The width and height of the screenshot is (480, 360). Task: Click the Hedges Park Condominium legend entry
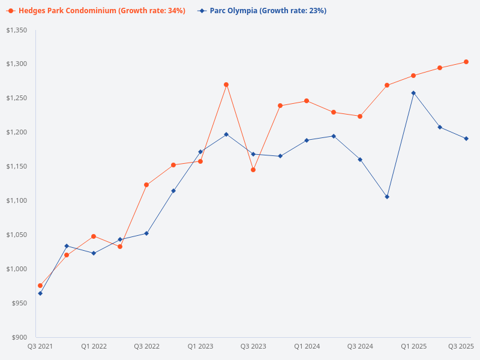tap(96, 11)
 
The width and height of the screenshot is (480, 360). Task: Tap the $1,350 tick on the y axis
tap(17, 30)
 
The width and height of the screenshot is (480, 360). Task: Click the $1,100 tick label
tap(17, 200)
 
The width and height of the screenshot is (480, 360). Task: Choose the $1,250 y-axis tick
tap(17, 98)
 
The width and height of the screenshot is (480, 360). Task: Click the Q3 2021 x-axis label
tap(40, 346)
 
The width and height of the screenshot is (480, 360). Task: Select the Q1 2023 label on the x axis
tap(200, 346)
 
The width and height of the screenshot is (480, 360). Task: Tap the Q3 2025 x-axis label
tap(461, 346)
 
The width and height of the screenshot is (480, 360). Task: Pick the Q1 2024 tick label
tap(307, 346)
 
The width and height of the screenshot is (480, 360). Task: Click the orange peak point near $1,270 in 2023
tap(226, 85)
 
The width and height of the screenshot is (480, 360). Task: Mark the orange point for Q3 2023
tap(253, 170)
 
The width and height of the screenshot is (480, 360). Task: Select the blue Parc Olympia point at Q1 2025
tap(413, 93)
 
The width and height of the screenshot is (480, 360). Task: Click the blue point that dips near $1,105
tap(387, 197)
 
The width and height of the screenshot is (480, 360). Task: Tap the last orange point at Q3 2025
tap(466, 62)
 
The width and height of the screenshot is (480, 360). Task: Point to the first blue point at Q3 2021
tap(40, 293)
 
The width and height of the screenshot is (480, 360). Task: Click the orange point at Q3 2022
tap(146, 185)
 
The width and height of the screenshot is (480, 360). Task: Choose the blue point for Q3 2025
tap(466, 139)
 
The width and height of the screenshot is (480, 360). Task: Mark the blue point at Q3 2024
tap(360, 160)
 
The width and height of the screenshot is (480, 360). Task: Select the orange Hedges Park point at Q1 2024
tap(307, 101)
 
